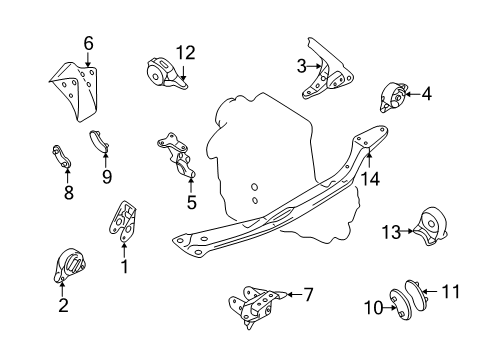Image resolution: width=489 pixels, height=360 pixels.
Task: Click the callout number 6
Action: (x=88, y=43)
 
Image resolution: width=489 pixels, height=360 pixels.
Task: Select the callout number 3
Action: (x=301, y=67)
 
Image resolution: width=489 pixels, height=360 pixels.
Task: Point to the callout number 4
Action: (x=426, y=95)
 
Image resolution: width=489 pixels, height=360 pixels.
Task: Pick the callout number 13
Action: (x=389, y=231)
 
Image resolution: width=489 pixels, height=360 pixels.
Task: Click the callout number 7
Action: (x=308, y=294)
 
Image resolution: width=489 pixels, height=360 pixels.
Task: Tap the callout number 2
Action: (x=63, y=307)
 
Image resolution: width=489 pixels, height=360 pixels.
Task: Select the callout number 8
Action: (x=68, y=193)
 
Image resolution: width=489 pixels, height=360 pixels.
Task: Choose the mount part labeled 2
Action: (x=69, y=267)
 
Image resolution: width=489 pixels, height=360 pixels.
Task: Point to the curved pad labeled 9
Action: (x=100, y=141)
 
